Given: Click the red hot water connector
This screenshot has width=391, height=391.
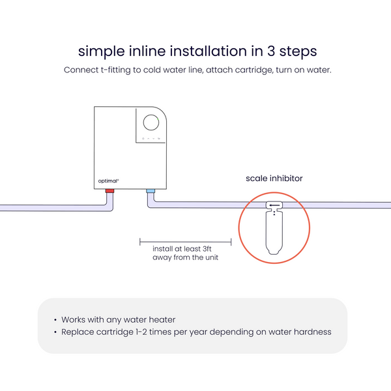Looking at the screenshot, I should point(110,191).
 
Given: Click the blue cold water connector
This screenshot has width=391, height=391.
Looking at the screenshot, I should point(151,191).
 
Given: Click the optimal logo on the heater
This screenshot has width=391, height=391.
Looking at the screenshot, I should point(108,181).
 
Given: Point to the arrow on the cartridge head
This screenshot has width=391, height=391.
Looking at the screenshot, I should point(274,206).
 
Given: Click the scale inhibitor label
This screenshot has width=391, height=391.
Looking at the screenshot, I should point(274,178).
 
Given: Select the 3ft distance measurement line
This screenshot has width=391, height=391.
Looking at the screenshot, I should point(186,241).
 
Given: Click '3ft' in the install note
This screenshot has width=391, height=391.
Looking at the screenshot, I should point(208,249).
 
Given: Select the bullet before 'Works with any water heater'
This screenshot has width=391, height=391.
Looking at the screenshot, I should point(55,320).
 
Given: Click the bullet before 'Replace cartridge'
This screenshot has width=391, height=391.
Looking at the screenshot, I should point(55,332).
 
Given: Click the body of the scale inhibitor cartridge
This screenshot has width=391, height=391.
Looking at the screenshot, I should point(274,231).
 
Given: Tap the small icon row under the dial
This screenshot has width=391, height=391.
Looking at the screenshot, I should point(151,139).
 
